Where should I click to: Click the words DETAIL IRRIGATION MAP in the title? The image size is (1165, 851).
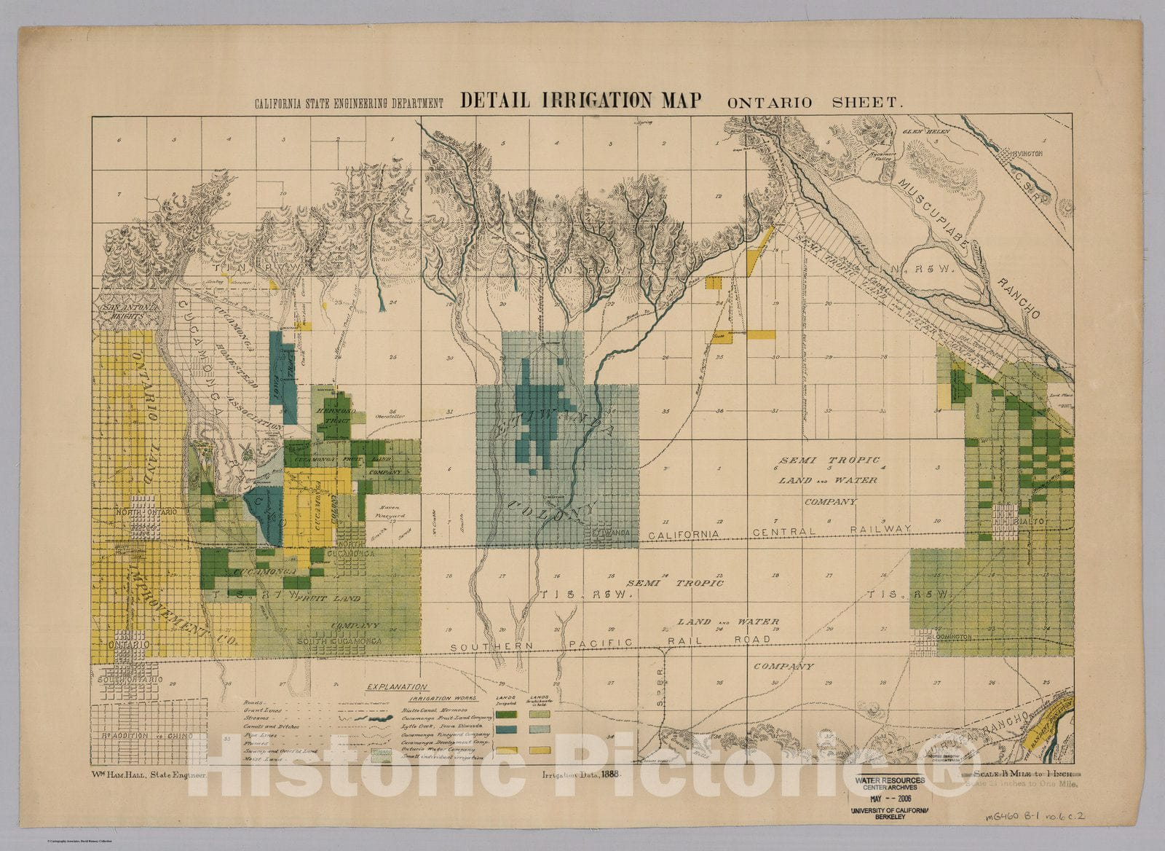point(580,101)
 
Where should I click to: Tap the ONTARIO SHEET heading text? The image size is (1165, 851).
point(815,102)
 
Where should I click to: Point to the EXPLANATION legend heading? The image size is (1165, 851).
point(397,686)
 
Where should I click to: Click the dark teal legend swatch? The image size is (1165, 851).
point(507,729)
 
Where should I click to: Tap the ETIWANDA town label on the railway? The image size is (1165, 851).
point(611,533)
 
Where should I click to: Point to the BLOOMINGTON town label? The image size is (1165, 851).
point(949,637)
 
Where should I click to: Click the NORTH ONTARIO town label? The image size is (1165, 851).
point(146,512)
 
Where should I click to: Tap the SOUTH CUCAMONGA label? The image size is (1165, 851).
point(340,641)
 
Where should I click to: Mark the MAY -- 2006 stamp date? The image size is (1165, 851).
point(893,797)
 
